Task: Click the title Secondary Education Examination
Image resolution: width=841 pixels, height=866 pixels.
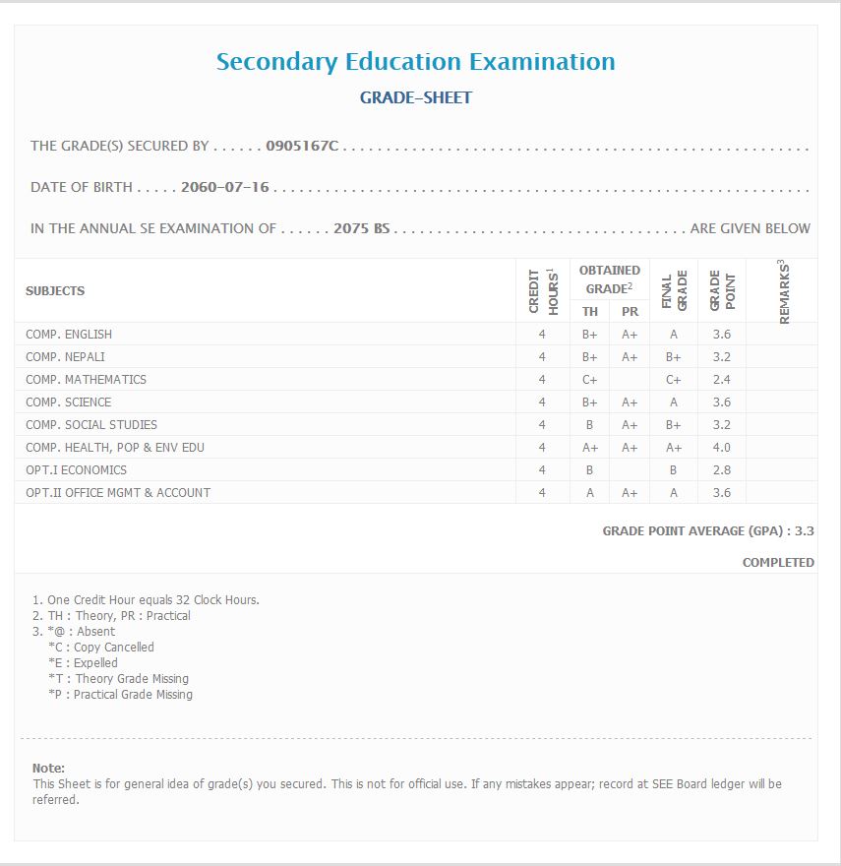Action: (415, 61)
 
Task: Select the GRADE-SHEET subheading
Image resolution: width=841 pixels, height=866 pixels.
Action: (415, 97)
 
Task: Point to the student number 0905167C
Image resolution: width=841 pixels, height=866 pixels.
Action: (302, 146)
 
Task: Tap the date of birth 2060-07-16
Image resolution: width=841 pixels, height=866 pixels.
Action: (225, 187)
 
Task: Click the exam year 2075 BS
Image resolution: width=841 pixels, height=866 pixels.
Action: (362, 228)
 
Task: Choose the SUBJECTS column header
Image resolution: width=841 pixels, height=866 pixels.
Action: (55, 290)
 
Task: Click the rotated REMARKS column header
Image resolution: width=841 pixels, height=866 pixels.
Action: (784, 291)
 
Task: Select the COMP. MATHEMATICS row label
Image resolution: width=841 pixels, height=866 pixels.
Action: (86, 379)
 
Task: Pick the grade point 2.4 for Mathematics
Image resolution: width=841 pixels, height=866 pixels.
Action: (721, 379)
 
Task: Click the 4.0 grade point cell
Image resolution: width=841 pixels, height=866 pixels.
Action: (721, 447)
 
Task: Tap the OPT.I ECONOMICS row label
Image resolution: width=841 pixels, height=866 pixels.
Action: (76, 469)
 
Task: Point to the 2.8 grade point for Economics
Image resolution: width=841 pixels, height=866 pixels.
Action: (721, 469)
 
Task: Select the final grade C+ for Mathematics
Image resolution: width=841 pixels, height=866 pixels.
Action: (673, 379)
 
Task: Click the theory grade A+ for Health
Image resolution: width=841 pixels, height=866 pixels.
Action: (590, 447)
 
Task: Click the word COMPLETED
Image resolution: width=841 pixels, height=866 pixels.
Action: (778, 563)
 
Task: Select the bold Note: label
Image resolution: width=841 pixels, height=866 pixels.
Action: (48, 768)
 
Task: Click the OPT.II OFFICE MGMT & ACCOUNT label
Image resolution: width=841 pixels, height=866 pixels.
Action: (118, 492)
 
